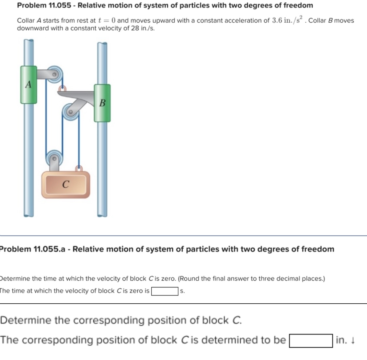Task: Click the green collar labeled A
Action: point(29,85)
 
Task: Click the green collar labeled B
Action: point(102,103)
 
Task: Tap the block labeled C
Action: point(66,184)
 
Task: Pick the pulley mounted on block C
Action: point(54,158)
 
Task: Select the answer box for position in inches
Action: point(311,341)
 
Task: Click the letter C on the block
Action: point(66,184)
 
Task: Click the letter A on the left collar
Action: point(29,85)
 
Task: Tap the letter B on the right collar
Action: point(102,103)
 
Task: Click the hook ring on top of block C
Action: point(79,168)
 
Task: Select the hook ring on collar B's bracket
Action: point(62,88)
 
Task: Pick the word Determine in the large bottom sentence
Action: point(26,320)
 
